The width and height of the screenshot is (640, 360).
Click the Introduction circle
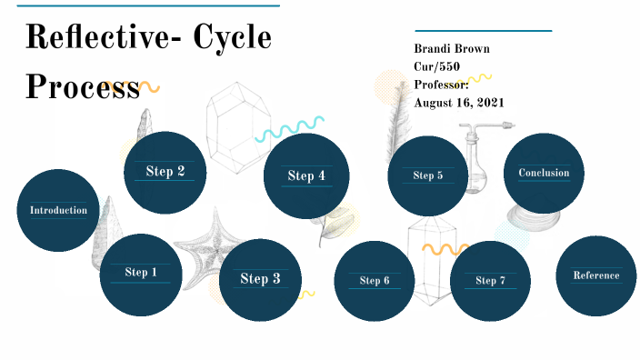pos(58,210)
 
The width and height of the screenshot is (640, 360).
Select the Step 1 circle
pos(141,273)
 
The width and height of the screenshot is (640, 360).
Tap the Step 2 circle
pos(165,172)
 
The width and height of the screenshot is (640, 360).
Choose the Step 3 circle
pos(260,280)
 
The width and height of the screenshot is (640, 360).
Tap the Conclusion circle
pos(544,174)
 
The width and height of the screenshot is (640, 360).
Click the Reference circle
pos(595,275)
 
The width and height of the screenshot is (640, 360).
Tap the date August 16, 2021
pos(459,102)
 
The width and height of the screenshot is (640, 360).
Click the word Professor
pos(442,85)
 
